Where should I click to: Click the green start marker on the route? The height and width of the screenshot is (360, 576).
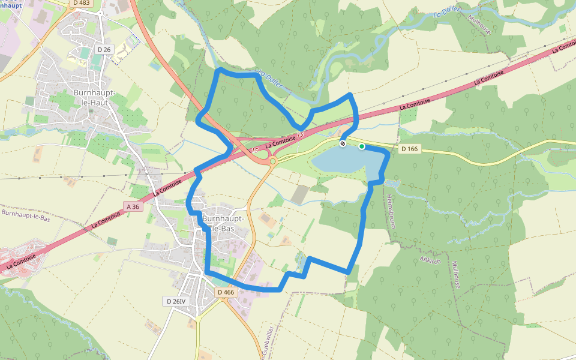click(362, 146)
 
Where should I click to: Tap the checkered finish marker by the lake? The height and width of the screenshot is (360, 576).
click(343, 144)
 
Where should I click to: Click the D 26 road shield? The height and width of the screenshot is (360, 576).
click(104, 49)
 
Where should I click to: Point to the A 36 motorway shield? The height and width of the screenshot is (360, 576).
click(133, 206)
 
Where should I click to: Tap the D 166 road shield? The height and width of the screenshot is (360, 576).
click(409, 149)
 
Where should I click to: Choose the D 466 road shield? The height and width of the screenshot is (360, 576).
click(226, 292)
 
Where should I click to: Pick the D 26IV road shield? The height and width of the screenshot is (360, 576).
click(178, 301)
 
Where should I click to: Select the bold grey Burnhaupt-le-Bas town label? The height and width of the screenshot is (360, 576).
click(223, 223)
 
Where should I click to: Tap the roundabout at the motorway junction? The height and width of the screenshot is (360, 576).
click(273, 161)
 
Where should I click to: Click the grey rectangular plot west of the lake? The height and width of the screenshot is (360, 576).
click(299, 194)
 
